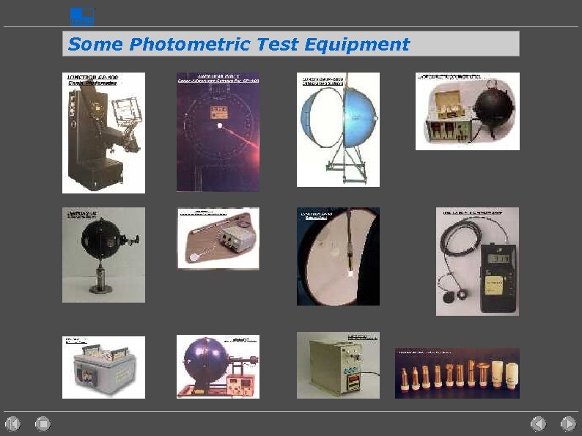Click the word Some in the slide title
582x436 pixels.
coord(96,44)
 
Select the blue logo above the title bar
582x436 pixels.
coord(81,16)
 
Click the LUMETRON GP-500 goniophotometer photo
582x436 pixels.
coord(103,133)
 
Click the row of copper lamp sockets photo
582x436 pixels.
coord(457,374)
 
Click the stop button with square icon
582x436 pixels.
coord(43,423)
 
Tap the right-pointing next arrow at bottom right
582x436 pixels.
coord(568,423)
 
